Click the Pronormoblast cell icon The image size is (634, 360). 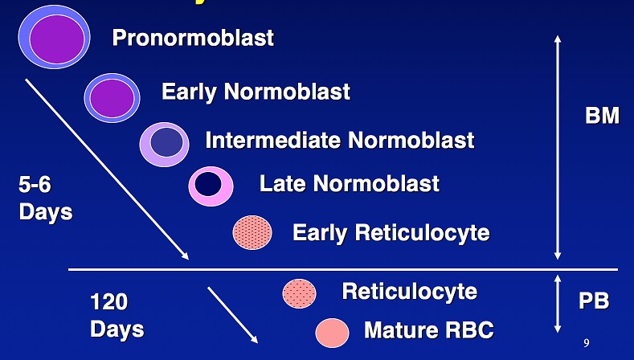(53, 36)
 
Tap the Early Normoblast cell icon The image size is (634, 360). (112, 96)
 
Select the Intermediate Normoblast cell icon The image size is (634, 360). (166, 143)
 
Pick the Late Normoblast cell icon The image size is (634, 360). (211, 185)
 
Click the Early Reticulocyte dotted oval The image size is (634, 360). (252, 232)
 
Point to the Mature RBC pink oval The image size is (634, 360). (332, 331)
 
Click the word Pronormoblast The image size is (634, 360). (193, 38)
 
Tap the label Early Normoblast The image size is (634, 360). (256, 92)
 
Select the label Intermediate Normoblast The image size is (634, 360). (339, 141)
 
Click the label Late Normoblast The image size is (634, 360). (349, 184)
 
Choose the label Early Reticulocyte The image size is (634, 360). (391, 233)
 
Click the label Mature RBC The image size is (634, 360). (428, 330)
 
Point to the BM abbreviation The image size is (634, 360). (602, 116)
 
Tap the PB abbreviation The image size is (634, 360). (594, 302)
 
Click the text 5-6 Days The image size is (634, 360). (45, 198)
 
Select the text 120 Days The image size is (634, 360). (117, 315)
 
